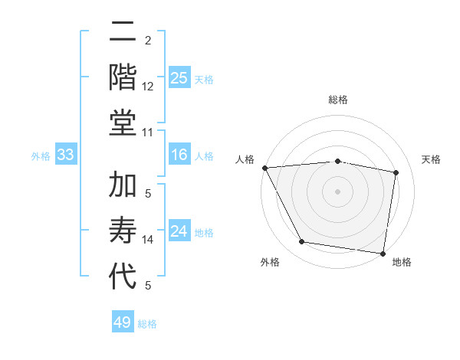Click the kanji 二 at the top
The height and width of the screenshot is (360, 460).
(x=123, y=33)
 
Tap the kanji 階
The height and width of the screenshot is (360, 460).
(x=123, y=77)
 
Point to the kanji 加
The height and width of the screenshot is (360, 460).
(x=123, y=186)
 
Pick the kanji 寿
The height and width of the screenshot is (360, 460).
(x=123, y=231)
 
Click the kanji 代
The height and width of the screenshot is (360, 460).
(x=123, y=275)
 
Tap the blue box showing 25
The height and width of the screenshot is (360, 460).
(x=179, y=77)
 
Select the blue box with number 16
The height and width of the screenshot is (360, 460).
(x=179, y=155)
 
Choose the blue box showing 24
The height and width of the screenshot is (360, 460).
(x=179, y=232)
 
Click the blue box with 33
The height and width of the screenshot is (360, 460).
(x=65, y=155)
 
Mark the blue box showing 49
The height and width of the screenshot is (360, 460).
(x=123, y=322)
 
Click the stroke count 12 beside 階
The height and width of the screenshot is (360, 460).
(x=148, y=87)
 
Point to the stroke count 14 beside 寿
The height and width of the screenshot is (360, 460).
(x=148, y=240)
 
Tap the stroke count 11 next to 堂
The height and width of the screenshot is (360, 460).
(x=148, y=133)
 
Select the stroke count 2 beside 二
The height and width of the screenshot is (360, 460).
(x=148, y=40)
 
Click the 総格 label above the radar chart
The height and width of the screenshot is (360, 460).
(x=338, y=100)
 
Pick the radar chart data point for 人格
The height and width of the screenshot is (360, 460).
(x=264, y=168)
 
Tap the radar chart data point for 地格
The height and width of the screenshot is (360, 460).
(x=383, y=253)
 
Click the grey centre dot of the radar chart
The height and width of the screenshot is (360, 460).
(x=338, y=191)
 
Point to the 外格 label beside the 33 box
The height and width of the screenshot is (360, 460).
(x=41, y=156)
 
